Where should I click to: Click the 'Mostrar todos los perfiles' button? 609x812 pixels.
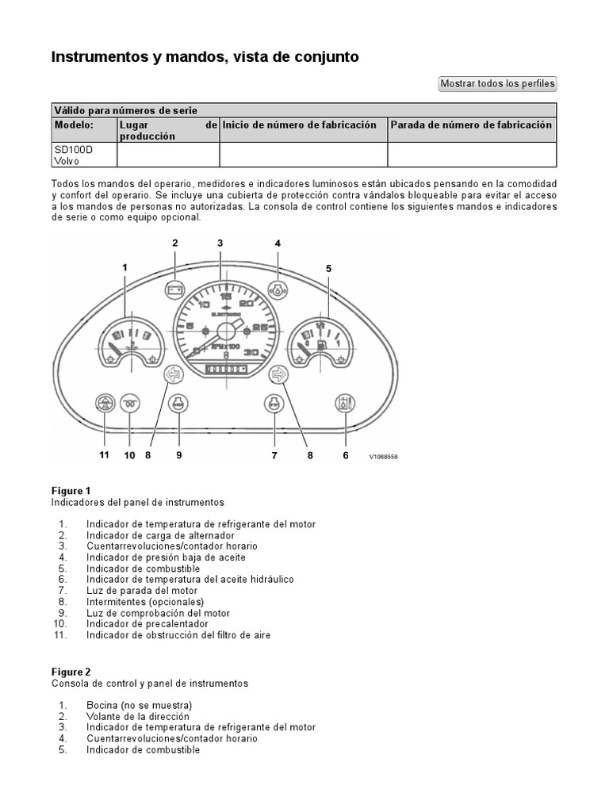(498, 83)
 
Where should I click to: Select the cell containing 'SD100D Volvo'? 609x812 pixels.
(67, 155)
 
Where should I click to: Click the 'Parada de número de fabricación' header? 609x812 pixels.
(470, 125)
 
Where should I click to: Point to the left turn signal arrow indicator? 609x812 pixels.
(173, 374)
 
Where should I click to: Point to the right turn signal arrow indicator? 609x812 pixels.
(278, 374)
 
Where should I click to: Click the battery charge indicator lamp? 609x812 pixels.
(175, 289)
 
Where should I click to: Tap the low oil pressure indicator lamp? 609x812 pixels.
(278, 289)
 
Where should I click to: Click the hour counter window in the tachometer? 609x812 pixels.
(226, 369)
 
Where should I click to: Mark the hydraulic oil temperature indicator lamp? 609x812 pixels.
(345, 404)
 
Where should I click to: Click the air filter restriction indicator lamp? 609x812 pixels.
(104, 404)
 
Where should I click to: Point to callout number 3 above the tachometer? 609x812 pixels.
(220, 243)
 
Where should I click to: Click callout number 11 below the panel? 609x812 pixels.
(104, 455)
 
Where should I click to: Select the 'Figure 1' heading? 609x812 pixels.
(71, 491)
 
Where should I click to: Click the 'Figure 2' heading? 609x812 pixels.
(71, 671)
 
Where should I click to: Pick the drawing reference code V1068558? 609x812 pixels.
(383, 457)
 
